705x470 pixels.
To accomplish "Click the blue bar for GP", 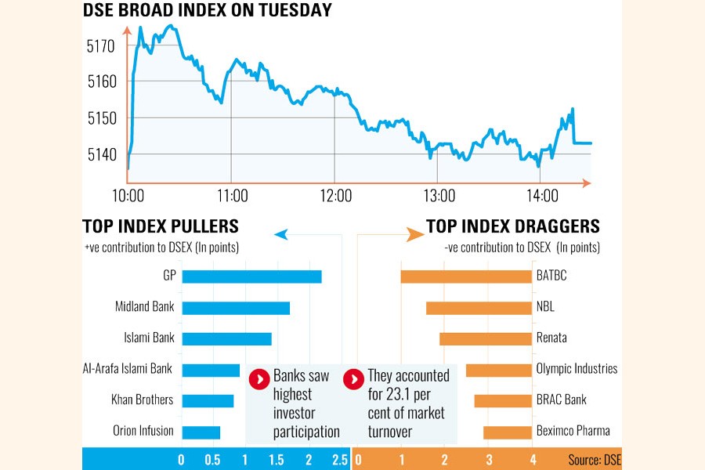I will (x=251, y=277).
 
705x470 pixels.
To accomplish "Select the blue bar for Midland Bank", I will (x=236, y=308).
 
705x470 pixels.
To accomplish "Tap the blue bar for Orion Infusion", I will (x=201, y=432).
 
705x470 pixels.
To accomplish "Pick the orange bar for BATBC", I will (x=465, y=277).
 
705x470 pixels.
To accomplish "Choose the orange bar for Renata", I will (x=485, y=339).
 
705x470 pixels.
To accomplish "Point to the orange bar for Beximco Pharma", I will (x=507, y=432).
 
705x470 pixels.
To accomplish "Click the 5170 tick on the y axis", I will (x=100, y=46).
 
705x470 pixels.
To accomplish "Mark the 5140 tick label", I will (x=100, y=155).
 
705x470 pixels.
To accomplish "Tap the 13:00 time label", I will (x=439, y=196).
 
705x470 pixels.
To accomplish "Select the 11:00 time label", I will (x=233, y=196).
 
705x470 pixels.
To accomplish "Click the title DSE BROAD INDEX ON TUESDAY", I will (x=208, y=11).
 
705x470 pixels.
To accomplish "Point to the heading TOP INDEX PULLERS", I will (x=161, y=227).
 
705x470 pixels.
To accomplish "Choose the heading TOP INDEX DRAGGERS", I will (x=513, y=227).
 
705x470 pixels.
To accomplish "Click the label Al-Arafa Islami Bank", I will (x=128, y=369).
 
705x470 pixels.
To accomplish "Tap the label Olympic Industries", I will (x=577, y=369).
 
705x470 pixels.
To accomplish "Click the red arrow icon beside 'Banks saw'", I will (x=259, y=379).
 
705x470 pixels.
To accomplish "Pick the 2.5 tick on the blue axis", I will (x=339, y=460).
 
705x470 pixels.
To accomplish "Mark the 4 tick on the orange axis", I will (x=533, y=460).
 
